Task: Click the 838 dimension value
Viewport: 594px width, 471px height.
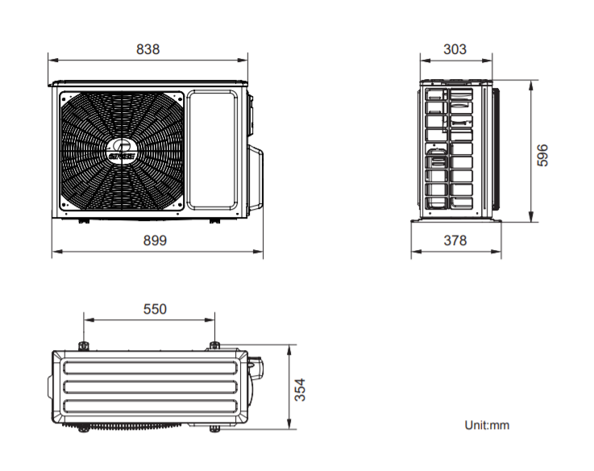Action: point(147,49)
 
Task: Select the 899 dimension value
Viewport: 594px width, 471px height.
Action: point(155,240)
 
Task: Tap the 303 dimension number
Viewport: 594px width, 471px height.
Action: point(455,49)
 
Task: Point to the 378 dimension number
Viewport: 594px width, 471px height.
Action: point(455,240)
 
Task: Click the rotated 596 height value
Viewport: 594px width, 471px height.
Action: point(542,155)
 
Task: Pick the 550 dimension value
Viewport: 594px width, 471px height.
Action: point(155,309)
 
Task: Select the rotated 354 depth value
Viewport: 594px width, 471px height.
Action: point(300,390)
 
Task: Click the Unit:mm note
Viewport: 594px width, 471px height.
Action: point(487,425)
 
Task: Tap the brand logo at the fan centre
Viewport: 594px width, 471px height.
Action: point(122,152)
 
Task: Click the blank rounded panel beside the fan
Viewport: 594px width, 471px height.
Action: point(213,150)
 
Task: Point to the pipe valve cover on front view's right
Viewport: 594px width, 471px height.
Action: point(255,177)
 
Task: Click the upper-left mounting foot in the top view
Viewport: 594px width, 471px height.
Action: point(83,346)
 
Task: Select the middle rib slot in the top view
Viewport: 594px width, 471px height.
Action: point(151,387)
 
